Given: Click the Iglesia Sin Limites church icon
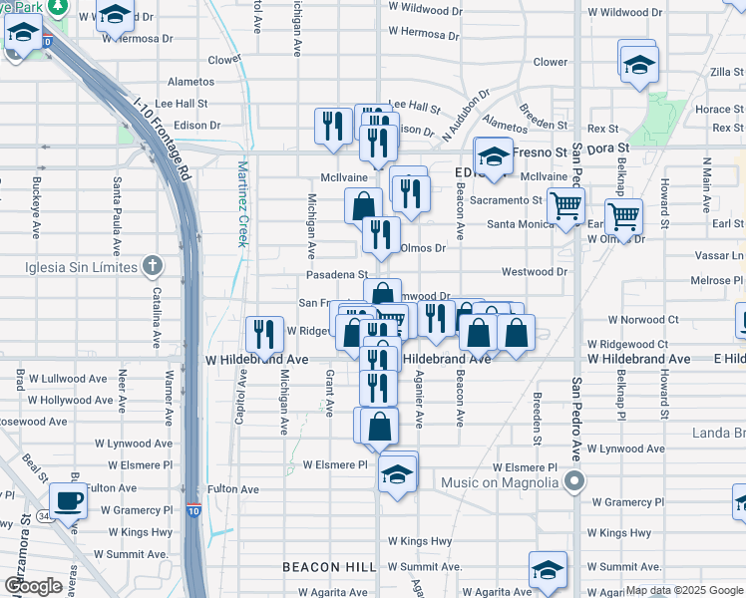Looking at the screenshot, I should (151, 265).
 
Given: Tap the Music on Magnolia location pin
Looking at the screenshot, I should (573, 483).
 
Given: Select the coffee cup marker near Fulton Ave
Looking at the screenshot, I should (68, 500).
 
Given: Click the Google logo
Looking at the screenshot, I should (33, 587).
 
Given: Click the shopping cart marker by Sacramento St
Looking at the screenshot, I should (565, 206).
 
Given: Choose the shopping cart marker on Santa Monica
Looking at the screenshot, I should (623, 216).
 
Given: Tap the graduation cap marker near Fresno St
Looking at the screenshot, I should (493, 155).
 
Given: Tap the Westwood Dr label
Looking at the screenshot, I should (534, 271).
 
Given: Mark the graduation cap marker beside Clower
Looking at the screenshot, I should (637, 65).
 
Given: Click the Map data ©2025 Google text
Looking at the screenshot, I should (683, 590).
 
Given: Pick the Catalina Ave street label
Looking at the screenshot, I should (157, 317).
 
